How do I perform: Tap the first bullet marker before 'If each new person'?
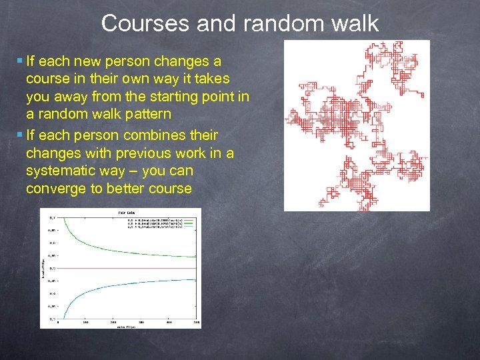pyautogui.click(x=19, y=61)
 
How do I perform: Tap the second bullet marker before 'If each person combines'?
pyautogui.click(x=19, y=135)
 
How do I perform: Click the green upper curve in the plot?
pyautogui.click(x=100, y=245)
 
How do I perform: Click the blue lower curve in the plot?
pyautogui.click(x=100, y=291)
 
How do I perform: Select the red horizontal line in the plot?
pyautogui.click(x=127, y=268)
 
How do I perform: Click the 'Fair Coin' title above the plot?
pyautogui.click(x=127, y=212)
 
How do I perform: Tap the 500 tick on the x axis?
pyautogui.click(x=196, y=323)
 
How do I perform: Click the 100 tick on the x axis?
pyautogui.click(x=85, y=323)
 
